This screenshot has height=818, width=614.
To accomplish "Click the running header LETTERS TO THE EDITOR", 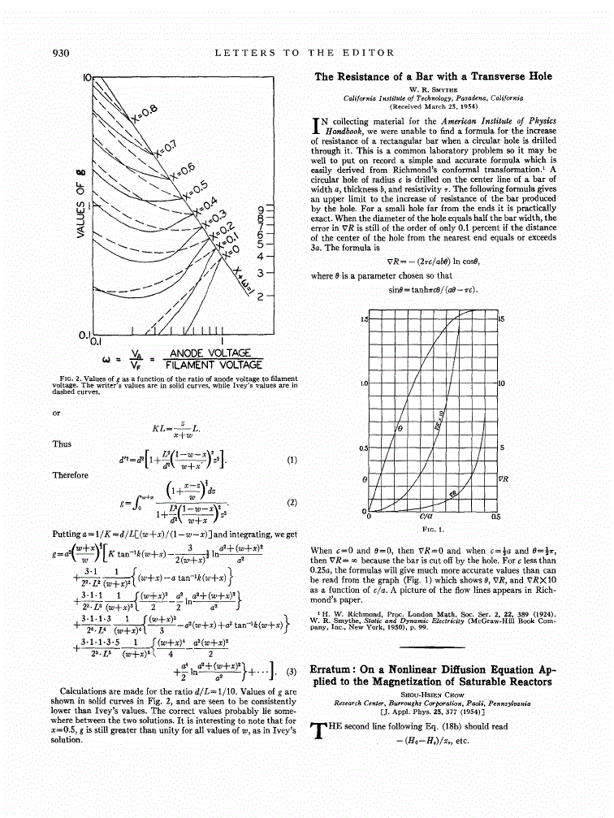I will pos(305,53).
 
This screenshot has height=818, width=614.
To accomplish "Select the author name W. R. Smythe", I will pos(433,89).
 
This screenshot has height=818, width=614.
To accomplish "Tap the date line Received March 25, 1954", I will pos(433,106).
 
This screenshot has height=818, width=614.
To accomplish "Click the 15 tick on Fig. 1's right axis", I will pos(502,318).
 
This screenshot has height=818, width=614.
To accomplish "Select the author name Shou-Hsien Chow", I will pos(435,695).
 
